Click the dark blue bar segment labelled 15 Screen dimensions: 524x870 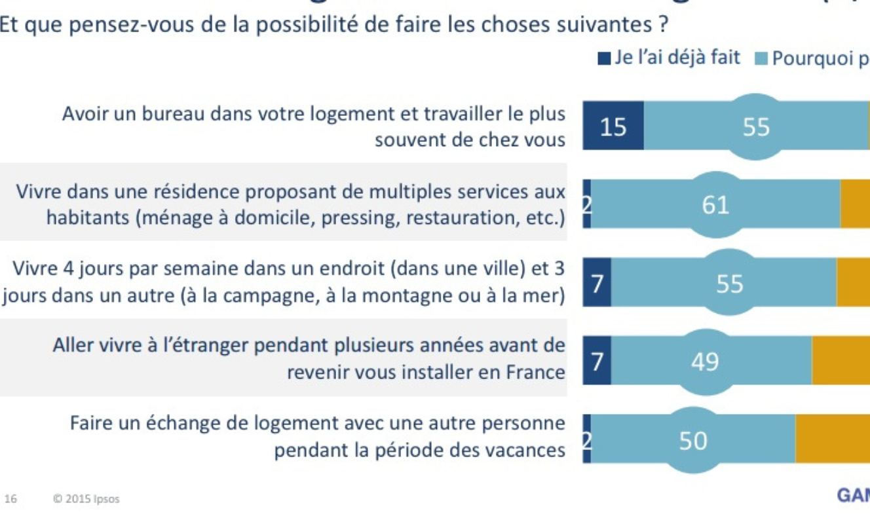[613, 126]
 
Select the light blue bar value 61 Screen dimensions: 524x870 [715, 205]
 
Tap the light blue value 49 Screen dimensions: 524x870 [705, 361]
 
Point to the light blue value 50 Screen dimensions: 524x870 [693, 440]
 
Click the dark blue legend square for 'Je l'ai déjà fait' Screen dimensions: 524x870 [604, 58]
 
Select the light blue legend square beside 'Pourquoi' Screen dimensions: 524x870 [761, 59]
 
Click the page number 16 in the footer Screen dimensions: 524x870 [10, 499]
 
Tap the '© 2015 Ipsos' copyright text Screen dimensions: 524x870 [86, 499]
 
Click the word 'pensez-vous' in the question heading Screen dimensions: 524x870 [104, 26]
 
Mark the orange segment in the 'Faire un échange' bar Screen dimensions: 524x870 [832, 438]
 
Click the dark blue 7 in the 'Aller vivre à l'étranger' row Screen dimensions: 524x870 [597, 360]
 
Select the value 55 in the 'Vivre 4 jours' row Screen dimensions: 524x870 [730, 284]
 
